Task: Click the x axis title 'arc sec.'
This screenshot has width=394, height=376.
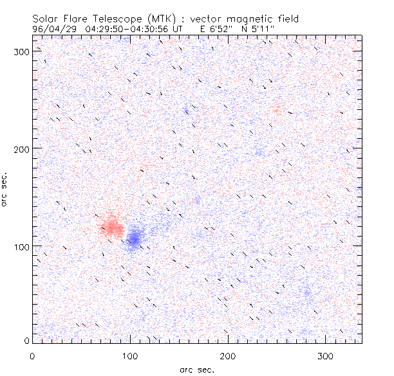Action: [x=196, y=369]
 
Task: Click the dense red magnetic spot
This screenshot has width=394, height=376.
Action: [x=112, y=227]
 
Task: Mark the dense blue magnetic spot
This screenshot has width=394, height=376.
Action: [x=134, y=237]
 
